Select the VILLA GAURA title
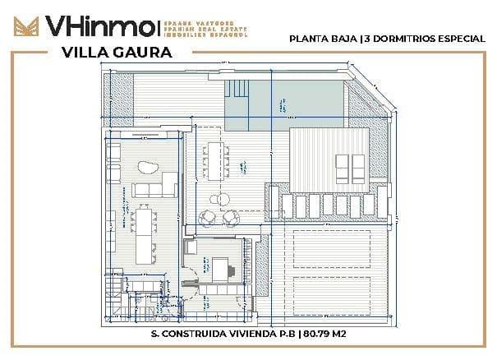(117, 53)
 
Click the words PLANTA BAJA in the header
(318, 38)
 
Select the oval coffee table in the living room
(149, 168)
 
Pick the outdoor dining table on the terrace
(216, 159)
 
